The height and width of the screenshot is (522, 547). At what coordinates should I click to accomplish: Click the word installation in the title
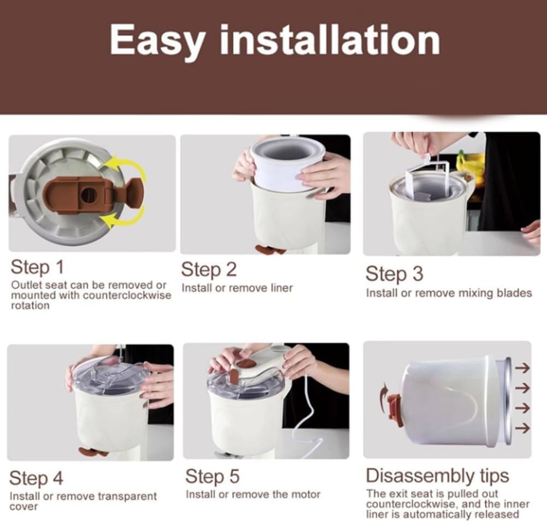(330, 40)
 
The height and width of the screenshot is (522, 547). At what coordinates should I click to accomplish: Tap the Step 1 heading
(37, 268)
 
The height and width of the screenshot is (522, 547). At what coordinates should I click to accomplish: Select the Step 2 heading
(208, 269)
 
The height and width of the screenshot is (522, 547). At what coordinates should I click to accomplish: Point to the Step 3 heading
(394, 274)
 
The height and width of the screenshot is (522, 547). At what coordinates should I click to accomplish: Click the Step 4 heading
(36, 478)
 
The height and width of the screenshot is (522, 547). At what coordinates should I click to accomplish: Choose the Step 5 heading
(212, 476)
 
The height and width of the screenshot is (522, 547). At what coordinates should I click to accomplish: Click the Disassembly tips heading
(437, 475)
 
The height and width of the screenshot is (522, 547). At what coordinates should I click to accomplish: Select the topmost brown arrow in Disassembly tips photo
(522, 368)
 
